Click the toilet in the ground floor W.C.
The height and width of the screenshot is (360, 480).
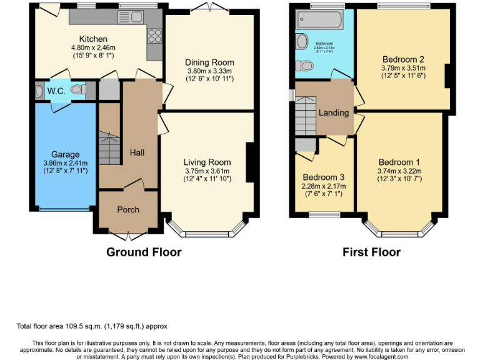[77, 90]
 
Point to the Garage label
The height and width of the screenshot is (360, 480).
[66, 154]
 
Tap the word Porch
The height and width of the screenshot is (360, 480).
[128, 209]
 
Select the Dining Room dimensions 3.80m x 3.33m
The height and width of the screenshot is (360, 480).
[209, 71]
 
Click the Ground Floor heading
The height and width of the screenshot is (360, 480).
[144, 252]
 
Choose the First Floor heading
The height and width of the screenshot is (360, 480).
[371, 252]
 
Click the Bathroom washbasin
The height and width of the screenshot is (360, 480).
[302, 42]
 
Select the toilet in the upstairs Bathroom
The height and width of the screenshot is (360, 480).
[307, 65]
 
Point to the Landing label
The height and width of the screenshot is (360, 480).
[333, 113]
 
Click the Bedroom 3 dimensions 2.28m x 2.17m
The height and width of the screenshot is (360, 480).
[324, 186]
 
